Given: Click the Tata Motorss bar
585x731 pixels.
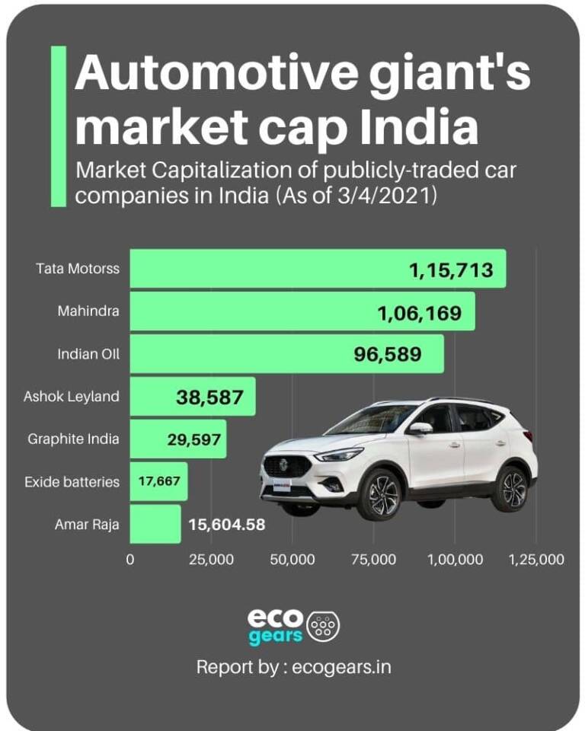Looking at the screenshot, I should coord(318,268).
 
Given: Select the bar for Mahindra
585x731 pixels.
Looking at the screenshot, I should coord(302,311).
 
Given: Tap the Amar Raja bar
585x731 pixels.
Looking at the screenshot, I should coord(155,524).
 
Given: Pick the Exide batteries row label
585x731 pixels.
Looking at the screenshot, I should coord(72,481).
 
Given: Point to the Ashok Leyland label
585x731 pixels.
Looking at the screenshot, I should coord(72,396).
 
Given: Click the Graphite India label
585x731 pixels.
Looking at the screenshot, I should coord(73,439).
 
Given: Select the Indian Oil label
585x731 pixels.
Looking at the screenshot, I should coord(88,353).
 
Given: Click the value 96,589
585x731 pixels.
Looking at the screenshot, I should coord(388,354).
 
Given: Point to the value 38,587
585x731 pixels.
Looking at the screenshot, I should coord(209,397).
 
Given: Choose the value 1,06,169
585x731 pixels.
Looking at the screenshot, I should coord(418,311).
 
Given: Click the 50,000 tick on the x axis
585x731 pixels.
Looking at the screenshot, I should coord(292,560).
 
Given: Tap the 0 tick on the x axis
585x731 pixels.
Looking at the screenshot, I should coord(130,560).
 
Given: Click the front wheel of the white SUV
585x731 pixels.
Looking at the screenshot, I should coord(379,495).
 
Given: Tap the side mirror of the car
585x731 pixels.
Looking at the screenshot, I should coord(420,428).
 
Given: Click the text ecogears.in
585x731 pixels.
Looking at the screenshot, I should coord(340,667).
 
